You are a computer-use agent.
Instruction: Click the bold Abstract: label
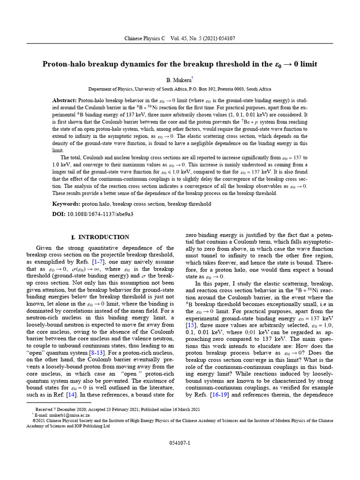pyautogui.click(x=64, y=100)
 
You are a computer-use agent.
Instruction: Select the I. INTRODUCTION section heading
pyautogui.click(x=99, y=237)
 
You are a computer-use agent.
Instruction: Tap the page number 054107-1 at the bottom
pyautogui.click(x=180, y=442)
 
